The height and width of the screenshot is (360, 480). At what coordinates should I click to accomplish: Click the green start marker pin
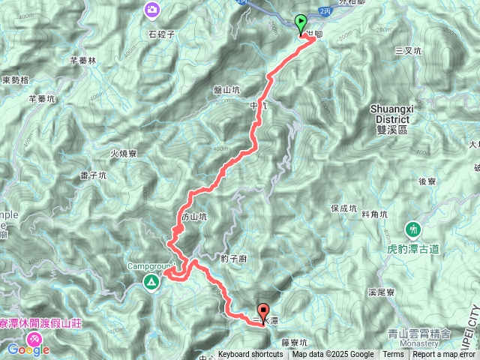(x=301, y=24)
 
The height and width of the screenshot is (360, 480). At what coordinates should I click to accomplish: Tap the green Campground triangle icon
(x=151, y=282)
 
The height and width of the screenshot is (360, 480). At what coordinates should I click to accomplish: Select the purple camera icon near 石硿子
(x=152, y=9)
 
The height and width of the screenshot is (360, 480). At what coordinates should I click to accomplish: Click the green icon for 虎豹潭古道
(x=412, y=228)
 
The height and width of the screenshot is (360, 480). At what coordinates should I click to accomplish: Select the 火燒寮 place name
(x=123, y=153)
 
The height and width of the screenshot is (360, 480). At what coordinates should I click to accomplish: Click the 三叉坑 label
(x=407, y=50)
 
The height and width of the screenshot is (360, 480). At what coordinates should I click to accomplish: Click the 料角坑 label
(x=374, y=214)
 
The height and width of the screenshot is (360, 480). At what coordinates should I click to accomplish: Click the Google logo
(x=28, y=349)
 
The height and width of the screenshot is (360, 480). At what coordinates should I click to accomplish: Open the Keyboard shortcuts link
(x=250, y=355)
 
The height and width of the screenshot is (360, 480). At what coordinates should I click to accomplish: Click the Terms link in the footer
(x=393, y=355)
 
